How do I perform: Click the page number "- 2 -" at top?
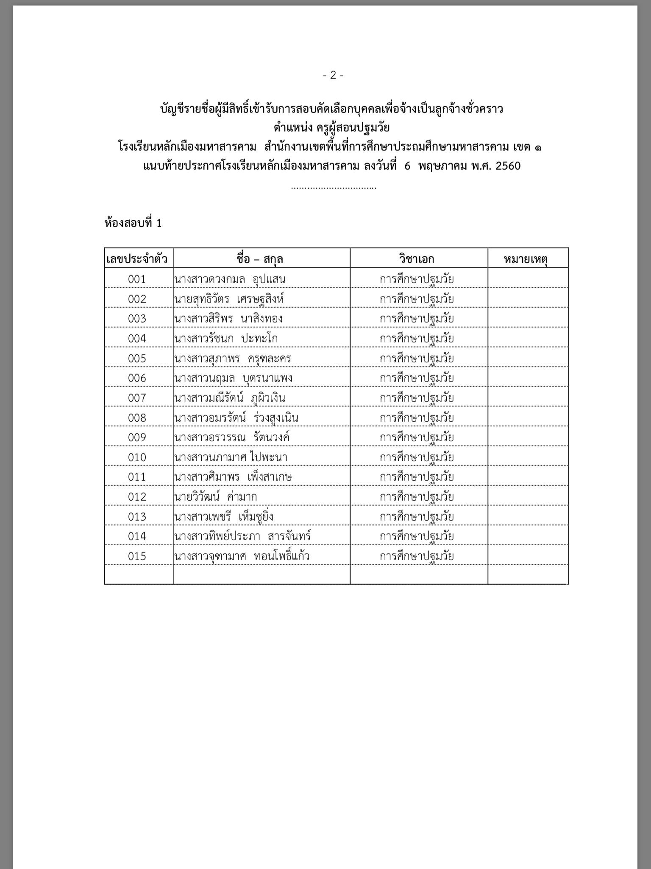coord(333,75)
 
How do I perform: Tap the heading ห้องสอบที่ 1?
coord(133,223)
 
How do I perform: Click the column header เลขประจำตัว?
coord(137,259)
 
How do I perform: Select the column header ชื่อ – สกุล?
coord(260,259)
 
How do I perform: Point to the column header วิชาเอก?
coord(416,259)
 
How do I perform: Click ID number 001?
coord(137,279)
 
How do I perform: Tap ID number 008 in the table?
coord(137,418)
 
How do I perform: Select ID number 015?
coord(137,556)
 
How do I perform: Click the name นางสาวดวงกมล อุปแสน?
coord(230,279)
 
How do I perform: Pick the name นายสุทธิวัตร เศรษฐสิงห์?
coord(229,299)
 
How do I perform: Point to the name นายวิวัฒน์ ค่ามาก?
coord(216,497)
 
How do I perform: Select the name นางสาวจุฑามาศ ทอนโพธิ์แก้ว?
coord(242,556)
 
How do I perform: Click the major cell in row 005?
coord(417,359)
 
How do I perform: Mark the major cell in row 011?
coord(417,477)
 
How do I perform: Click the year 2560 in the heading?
coord(508,166)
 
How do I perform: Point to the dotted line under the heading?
coord(334,187)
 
